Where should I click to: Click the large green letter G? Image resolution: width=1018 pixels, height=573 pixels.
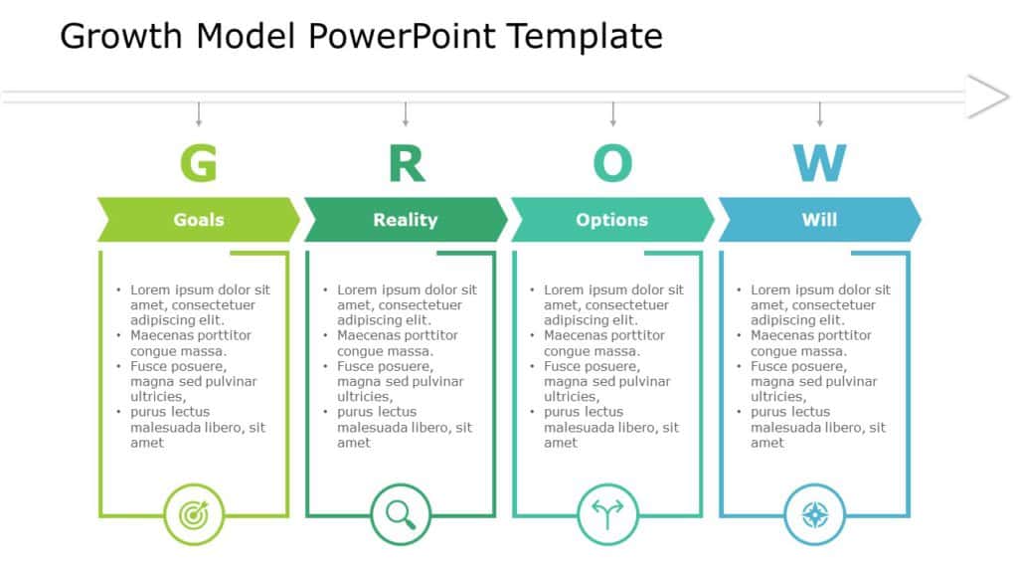[x=199, y=163]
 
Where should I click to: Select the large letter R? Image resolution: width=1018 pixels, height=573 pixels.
[x=406, y=163]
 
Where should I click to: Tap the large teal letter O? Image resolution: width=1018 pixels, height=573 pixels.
[x=612, y=163]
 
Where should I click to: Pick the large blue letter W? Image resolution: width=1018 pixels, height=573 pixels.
[x=819, y=163]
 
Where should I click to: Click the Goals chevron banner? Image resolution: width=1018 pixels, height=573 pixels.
[x=199, y=220]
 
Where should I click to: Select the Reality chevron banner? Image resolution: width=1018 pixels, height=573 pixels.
[x=406, y=220]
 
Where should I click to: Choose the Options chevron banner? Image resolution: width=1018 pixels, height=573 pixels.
[x=612, y=220]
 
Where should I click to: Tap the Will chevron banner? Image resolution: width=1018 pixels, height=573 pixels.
[x=819, y=220]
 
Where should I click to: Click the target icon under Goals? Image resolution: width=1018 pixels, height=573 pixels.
[x=194, y=514]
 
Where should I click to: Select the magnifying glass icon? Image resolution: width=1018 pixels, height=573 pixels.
[x=401, y=514]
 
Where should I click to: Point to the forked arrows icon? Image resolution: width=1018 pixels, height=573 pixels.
[x=607, y=514]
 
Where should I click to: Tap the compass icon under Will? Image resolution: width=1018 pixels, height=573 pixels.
[x=814, y=514]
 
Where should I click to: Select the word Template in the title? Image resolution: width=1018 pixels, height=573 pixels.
[x=585, y=37]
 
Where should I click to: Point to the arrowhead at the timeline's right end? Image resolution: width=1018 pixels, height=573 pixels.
[x=989, y=96]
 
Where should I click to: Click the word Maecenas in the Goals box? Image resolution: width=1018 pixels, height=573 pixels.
[x=163, y=336]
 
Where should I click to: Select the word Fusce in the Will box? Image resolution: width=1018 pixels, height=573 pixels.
[x=770, y=367]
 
